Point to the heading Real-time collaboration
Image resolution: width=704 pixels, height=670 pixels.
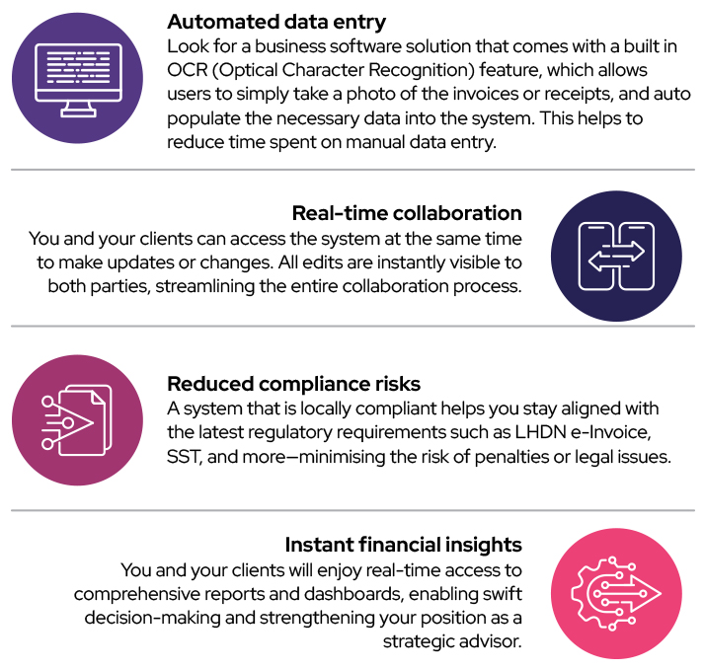(407, 213)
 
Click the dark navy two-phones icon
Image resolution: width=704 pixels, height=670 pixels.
(616, 255)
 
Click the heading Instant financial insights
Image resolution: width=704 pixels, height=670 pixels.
(403, 545)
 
